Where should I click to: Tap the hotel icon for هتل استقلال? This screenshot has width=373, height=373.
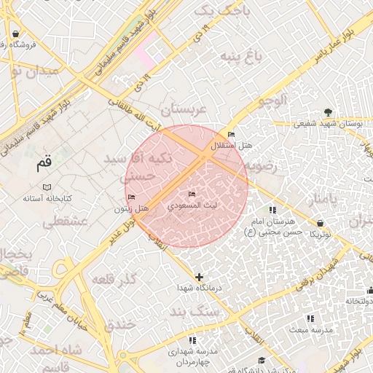pyautogui.click(x=231, y=135)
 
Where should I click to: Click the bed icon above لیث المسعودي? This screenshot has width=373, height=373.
pyautogui.click(x=192, y=195)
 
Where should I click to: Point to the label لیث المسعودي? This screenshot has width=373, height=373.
pyautogui.click(x=192, y=206)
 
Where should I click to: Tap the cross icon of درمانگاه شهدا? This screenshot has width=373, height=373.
pyautogui.click(x=200, y=277)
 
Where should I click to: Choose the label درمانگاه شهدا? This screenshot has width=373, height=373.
pyautogui.click(x=200, y=288)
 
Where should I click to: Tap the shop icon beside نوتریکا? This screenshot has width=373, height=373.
pyautogui.click(x=321, y=223)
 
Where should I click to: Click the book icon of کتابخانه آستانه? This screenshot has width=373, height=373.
pyautogui.click(x=47, y=186)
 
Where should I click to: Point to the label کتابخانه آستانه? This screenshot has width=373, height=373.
pyautogui.click(x=47, y=198)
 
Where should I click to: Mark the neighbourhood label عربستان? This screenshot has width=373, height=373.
pyautogui.click(x=184, y=109)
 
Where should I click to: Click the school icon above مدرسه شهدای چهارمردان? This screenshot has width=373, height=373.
pyautogui.click(x=192, y=340)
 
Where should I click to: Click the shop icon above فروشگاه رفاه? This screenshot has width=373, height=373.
pyautogui.click(x=15, y=34)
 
